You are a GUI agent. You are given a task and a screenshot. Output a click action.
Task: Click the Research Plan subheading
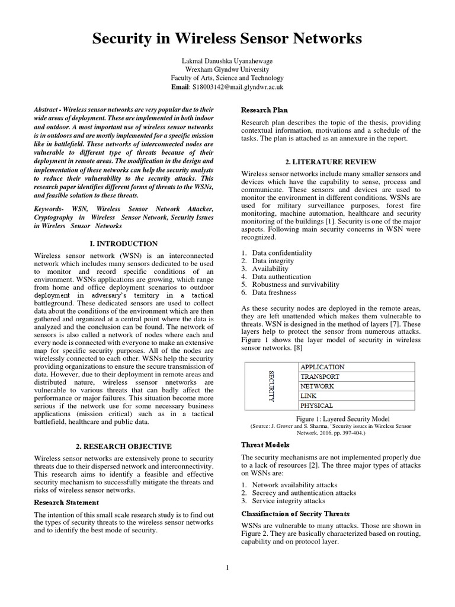point(264,110)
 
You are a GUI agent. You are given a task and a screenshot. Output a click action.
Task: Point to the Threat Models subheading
point(265,445)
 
